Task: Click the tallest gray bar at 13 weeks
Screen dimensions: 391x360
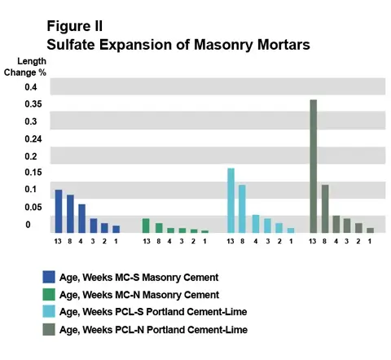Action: pyautogui.click(x=314, y=166)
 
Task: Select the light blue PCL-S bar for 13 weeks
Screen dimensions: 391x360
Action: pyautogui.click(x=231, y=200)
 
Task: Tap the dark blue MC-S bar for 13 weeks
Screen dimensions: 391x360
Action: pyautogui.click(x=59, y=211)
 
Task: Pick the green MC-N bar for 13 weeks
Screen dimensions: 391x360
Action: pyautogui.click(x=146, y=226)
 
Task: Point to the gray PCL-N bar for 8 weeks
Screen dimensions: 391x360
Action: pyautogui.click(x=325, y=209)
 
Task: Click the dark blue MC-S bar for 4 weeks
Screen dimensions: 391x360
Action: pyautogui.click(x=82, y=218)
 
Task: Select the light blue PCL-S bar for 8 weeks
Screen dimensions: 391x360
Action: pyautogui.click(x=242, y=209)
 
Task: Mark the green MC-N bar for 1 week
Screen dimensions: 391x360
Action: pyautogui.click(x=205, y=231)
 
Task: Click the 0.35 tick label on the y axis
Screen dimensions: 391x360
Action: pyautogui.click(x=33, y=104)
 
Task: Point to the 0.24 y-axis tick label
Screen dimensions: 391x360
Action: pyautogui.click(x=33, y=139)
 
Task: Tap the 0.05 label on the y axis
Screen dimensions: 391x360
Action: pyautogui.click(x=33, y=208)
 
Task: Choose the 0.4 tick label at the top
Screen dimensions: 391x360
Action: pyautogui.click(x=31, y=87)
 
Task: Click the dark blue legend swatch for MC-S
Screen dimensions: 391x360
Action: pyautogui.click(x=49, y=277)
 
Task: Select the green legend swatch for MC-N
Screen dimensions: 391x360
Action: pyautogui.click(x=49, y=294)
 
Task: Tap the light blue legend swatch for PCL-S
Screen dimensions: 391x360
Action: pyautogui.click(x=49, y=311)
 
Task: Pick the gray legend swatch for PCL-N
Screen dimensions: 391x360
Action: pyautogui.click(x=49, y=329)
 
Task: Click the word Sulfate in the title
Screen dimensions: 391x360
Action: pyautogui.click(x=71, y=44)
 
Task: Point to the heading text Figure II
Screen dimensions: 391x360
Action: pyautogui.click(x=75, y=26)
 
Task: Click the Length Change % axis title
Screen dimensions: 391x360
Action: pyautogui.click(x=25, y=67)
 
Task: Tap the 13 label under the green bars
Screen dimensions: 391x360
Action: pyautogui.click(x=147, y=241)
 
